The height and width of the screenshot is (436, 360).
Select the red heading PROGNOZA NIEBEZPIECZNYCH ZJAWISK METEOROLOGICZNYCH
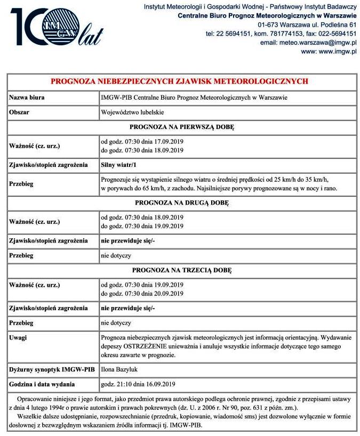tap(180, 82)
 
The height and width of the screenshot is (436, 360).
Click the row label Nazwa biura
tap(27, 98)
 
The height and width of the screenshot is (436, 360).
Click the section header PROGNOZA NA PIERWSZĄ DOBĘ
tap(182, 127)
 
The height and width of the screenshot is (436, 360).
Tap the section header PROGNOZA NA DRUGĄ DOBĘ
tap(182, 203)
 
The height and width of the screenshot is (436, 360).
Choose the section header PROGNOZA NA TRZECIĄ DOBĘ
tap(182, 270)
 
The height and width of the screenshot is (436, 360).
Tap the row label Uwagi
tap(19, 338)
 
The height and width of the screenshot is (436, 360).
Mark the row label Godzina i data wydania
tap(42, 384)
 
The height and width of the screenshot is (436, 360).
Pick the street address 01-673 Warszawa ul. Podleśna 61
tap(307, 25)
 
